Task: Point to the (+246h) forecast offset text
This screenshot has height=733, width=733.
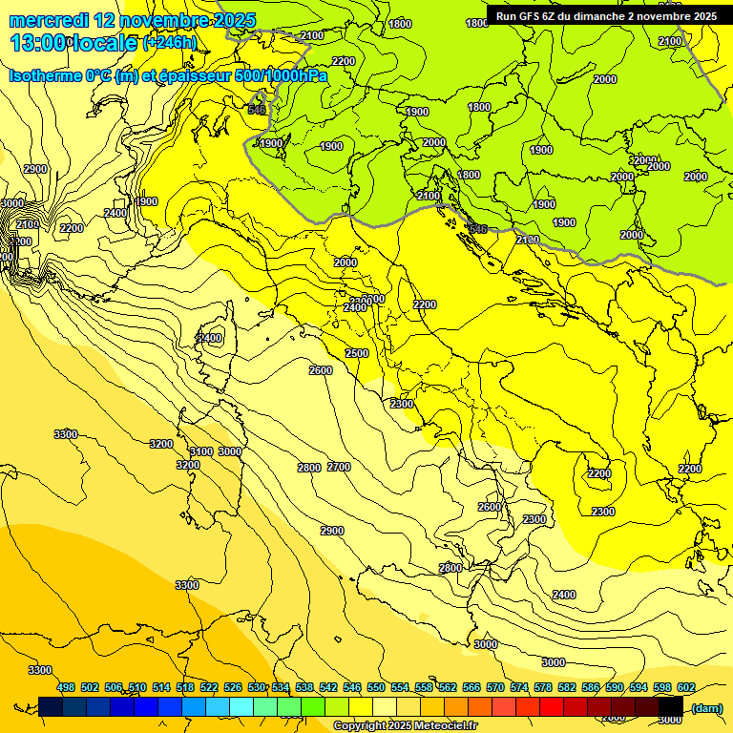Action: click(x=170, y=43)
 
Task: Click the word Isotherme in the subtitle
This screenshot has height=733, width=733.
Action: click(x=44, y=75)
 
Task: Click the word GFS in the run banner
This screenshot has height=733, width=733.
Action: click(x=534, y=16)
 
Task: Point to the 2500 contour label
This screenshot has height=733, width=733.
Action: click(x=357, y=354)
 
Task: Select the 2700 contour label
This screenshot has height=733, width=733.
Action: click(x=339, y=467)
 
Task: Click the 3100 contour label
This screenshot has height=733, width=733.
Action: click(x=200, y=451)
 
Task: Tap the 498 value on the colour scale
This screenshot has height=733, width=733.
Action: click(x=66, y=687)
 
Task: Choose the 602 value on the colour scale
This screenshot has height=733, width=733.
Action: click(x=686, y=687)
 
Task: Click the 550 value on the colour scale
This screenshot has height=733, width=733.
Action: click(x=376, y=687)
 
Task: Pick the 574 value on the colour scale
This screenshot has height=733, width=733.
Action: click(x=519, y=687)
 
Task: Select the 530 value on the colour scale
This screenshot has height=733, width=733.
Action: click(x=257, y=687)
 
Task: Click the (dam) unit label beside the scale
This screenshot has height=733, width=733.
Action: click(x=706, y=707)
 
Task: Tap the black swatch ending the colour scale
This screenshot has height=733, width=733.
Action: click(x=671, y=706)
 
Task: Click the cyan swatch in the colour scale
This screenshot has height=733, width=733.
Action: click(x=241, y=706)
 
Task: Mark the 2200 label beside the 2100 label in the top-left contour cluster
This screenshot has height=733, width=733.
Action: click(x=72, y=228)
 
